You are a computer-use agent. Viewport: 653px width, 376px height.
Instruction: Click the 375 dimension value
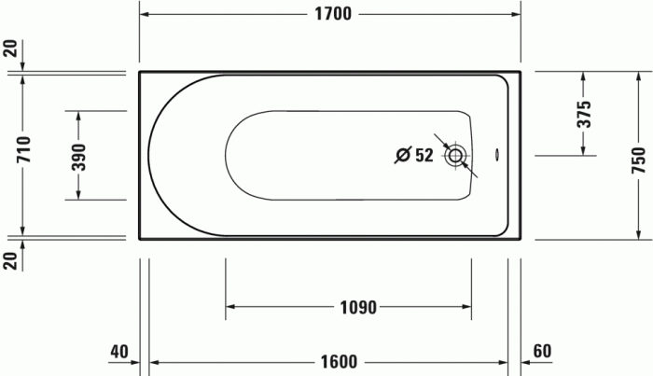584,114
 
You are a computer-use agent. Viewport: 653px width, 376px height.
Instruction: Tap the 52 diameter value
425,156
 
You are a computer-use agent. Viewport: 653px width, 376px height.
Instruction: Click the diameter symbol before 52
402,156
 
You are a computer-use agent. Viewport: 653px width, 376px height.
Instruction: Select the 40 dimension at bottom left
118,352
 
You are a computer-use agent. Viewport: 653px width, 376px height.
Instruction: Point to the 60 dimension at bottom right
543,352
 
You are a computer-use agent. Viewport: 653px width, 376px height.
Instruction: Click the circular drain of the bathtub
456,156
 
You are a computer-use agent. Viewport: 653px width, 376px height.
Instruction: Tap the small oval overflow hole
495,156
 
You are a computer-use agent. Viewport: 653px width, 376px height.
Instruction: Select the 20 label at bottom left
10,259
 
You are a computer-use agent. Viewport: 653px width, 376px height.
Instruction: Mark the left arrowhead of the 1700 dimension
145,14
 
